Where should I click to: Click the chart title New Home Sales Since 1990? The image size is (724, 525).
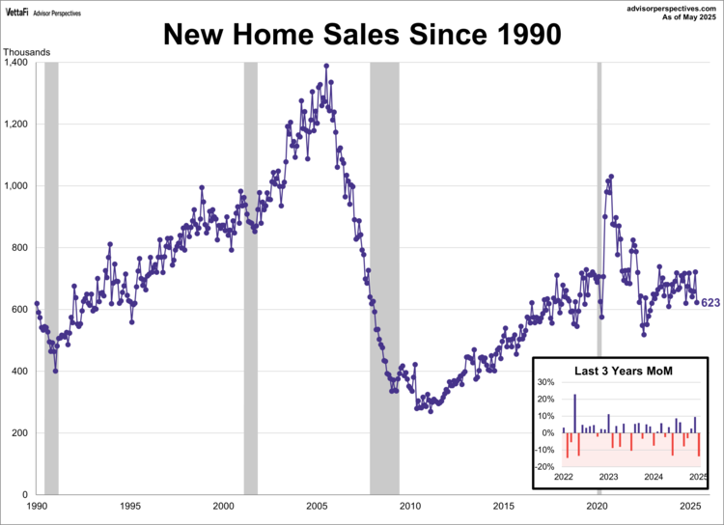tap(361, 35)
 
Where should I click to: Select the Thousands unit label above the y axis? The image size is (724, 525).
tap(26, 51)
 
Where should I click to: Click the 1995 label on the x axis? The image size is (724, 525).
tap(130, 506)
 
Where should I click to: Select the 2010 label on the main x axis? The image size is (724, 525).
tap(410, 506)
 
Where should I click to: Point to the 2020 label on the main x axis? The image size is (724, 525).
tap(598, 506)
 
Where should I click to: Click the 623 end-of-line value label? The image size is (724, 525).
tap(710, 303)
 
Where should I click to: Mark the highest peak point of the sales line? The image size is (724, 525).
tap(326, 66)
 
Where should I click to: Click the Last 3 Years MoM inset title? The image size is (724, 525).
tap(623, 371)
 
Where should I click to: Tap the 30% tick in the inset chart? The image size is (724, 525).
tap(545, 383)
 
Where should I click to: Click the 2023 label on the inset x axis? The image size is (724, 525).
tap(608, 477)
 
